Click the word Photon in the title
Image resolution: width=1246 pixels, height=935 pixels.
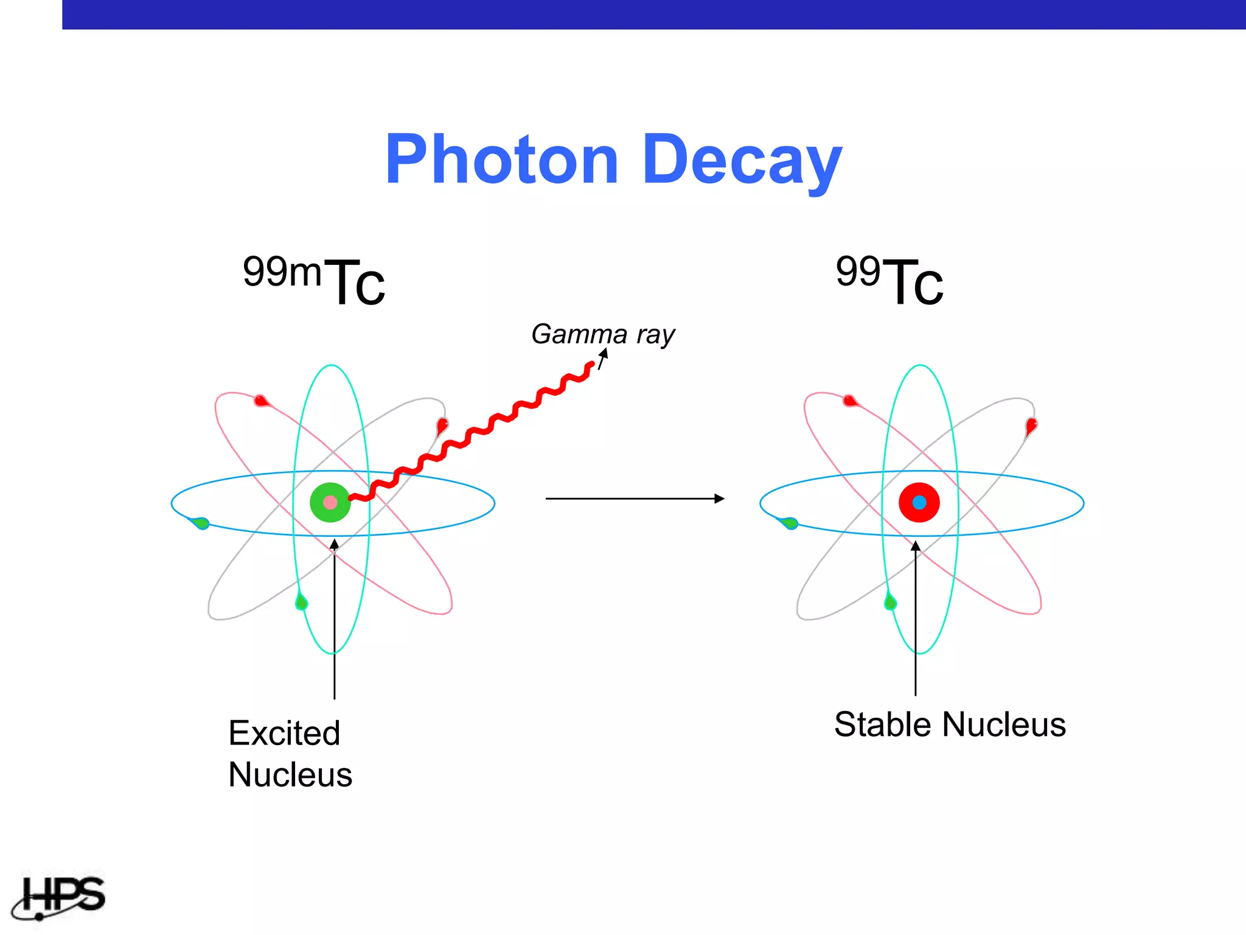pyautogui.click(x=502, y=160)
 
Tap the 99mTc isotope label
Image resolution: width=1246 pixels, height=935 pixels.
pyautogui.click(x=314, y=280)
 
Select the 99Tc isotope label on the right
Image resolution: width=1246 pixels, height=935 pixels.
pyautogui.click(x=889, y=280)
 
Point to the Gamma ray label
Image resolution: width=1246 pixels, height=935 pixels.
pyautogui.click(x=603, y=334)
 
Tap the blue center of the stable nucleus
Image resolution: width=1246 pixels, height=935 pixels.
pyautogui.click(x=919, y=502)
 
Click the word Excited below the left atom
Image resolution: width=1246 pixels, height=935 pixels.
pyautogui.click(x=284, y=733)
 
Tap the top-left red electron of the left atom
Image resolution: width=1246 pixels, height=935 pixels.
pyautogui.click(x=262, y=401)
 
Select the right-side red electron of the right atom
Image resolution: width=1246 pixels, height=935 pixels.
pyautogui.click(x=1031, y=425)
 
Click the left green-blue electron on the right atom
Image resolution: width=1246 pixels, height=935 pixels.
pyautogui.click(x=790, y=523)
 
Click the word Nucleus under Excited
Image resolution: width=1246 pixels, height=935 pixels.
pyautogui.click(x=290, y=775)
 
